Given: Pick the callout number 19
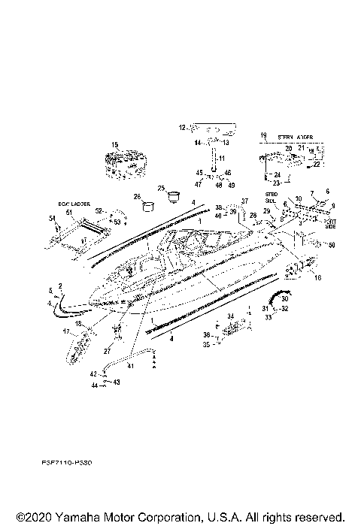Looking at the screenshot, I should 262,136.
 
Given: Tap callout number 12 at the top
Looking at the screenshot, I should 181,128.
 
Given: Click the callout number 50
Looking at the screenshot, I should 333,246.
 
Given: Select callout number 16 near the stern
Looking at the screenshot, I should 317,277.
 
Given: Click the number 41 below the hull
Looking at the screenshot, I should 130,365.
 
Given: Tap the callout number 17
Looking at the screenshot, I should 65,331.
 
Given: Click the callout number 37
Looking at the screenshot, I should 244,201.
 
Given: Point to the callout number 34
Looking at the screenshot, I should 231,316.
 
